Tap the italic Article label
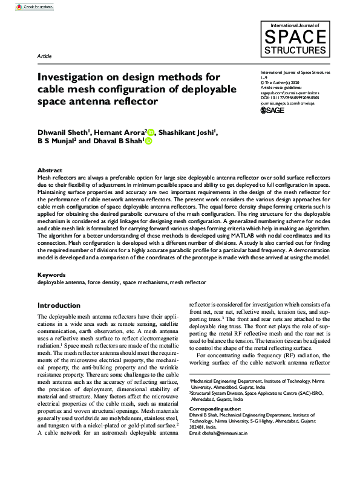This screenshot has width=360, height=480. click(x=45, y=56)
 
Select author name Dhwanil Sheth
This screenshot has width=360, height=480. click(x=62, y=131)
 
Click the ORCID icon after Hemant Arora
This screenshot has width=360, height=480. click(x=151, y=132)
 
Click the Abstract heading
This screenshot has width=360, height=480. click(x=50, y=170)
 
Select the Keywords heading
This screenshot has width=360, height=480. click(x=51, y=274)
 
